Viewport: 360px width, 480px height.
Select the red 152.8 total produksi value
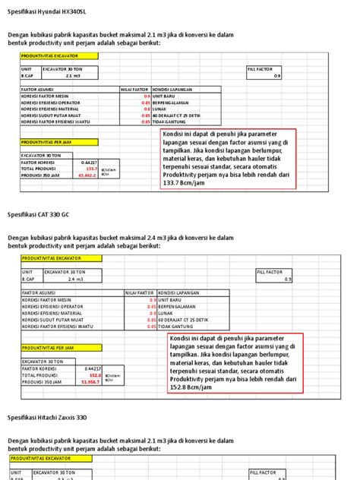tap(95, 374)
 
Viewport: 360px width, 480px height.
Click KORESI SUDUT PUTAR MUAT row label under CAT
tap(53, 320)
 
